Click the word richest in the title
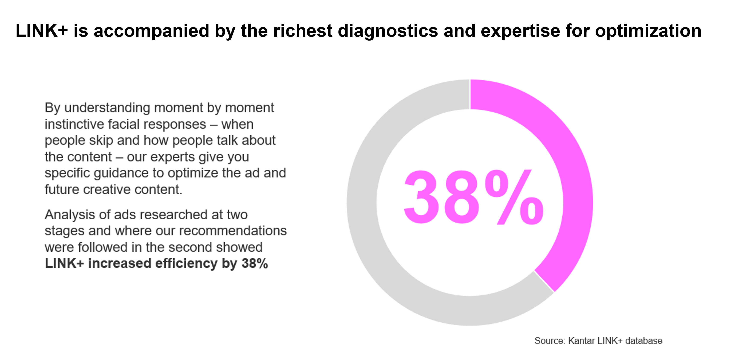303,31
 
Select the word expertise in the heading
520,31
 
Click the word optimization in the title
648,31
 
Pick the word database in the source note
644,341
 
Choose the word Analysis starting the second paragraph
70,214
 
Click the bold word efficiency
186,263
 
